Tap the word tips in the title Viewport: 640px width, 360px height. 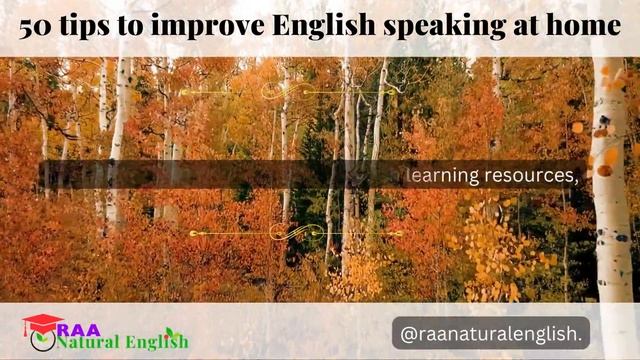[x=84, y=27]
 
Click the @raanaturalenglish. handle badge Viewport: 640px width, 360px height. [x=491, y=331]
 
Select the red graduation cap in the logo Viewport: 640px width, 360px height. [x=41, y=323]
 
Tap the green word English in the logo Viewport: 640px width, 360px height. [x=155, y=342]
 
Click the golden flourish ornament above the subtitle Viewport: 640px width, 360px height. [x=289, y=91]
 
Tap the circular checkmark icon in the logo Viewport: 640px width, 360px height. [x=43, y=341]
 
